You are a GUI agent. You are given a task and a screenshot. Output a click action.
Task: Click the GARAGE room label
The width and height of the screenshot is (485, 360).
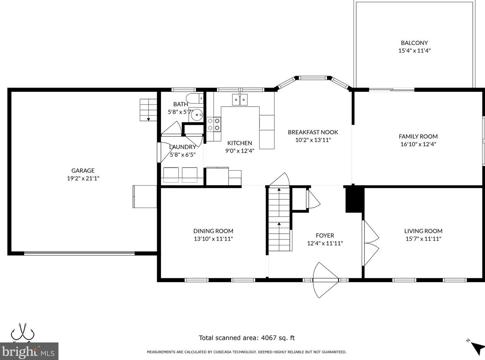(83, 170)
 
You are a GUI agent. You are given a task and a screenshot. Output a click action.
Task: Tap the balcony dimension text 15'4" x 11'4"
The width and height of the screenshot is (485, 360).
(414, 51)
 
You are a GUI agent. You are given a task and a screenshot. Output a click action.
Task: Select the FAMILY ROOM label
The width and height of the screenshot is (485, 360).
(418, 136)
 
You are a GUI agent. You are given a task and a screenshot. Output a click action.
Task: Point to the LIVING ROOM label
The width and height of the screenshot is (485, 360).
(423, 231)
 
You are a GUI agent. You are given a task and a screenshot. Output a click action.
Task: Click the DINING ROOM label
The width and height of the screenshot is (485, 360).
(213, 231)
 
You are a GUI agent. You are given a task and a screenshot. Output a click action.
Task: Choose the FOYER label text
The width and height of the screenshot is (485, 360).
(325, 235)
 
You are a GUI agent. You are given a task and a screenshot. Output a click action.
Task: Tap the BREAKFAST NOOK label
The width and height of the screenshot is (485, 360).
(313, 132)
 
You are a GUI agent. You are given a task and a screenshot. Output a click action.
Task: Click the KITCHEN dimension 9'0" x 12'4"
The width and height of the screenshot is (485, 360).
(240, 151)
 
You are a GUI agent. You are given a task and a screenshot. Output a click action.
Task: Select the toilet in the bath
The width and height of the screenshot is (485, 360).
(194, 99)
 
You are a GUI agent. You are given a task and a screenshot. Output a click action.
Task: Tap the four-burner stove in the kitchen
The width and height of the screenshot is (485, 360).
(214, 124)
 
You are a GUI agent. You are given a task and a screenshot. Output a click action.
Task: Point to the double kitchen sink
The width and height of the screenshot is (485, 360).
(240, 100)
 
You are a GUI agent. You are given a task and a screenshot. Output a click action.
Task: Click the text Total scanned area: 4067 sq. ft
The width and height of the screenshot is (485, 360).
(246, 338)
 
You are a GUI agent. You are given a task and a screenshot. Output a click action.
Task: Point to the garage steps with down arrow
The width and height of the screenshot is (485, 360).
(147, 110)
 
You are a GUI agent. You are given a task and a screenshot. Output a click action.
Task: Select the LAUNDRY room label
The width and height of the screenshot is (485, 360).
(182, 147)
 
